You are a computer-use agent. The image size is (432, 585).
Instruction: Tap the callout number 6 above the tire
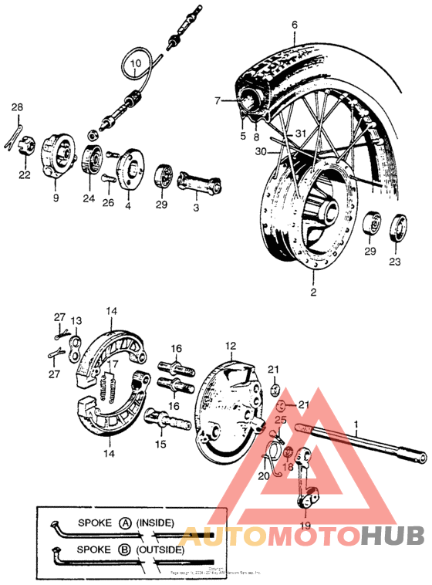point(294,25)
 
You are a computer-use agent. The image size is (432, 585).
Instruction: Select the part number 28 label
point(17,107)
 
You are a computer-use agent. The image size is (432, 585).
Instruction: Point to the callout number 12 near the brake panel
point(231,346)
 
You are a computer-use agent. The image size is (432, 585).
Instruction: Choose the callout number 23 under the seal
point(395,262)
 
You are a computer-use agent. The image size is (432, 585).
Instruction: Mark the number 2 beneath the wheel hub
point(313,292)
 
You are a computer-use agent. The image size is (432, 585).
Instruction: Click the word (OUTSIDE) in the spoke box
point(160,549)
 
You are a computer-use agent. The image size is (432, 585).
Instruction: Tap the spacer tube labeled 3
point(200,184)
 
